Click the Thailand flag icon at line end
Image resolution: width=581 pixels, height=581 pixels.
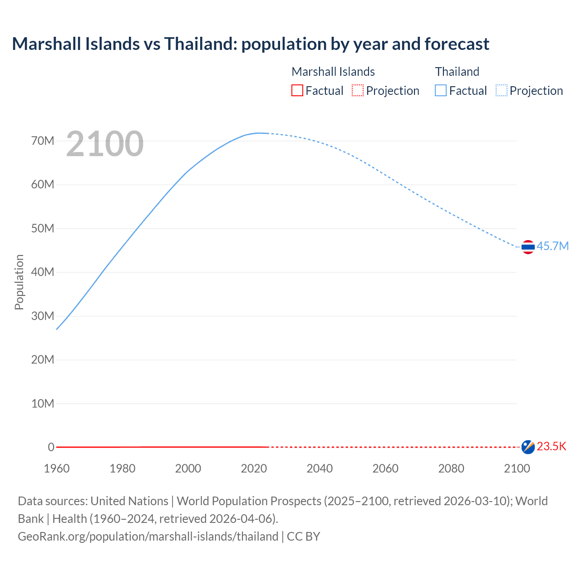click(x=528, y=247)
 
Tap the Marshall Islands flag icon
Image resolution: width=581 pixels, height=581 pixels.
click(x=528, y=447)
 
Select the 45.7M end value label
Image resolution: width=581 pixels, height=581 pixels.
click(x=552, y=246)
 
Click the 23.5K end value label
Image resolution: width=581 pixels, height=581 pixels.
click(x=551, y=447)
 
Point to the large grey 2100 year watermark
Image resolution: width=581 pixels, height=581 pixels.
click(x=105, y=144)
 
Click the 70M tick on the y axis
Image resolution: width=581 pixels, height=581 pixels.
click(x=43, y=141)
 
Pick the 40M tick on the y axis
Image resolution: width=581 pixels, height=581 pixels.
click(x=43, y=272)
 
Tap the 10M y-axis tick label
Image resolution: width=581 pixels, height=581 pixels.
click(x=43, y=404)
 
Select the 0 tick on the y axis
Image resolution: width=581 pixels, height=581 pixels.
click(x=51, y=447)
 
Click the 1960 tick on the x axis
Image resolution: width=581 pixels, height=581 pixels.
click(x=57, y=468)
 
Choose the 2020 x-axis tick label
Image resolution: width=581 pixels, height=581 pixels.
click(x=254, y=468)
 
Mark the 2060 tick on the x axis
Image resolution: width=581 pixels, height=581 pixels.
click(x=385, y=468)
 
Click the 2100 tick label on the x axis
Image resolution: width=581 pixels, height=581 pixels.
click(x=517, y=468)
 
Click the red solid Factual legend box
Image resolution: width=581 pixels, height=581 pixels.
click(x=297, y=91)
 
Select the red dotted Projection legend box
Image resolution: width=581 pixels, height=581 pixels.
click(x=358, y=91)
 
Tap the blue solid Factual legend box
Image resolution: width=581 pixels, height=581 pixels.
click(x=441, y=91)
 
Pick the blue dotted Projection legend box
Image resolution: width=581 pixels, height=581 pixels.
click(x=502, y=91)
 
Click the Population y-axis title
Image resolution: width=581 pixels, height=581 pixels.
click(x=19, y=282)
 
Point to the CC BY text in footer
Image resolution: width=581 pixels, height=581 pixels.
click(x=304, y=537)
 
